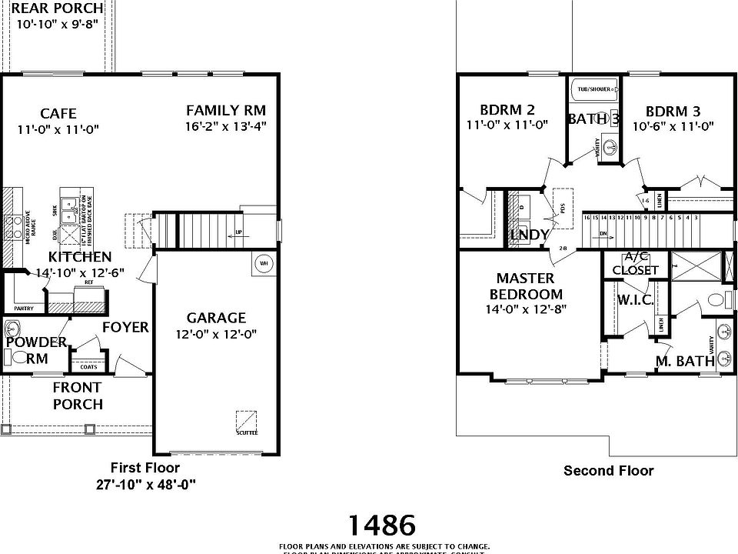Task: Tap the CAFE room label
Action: click(58, 114)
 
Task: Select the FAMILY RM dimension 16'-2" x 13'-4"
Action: click(226, 125)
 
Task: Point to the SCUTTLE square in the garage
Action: click(247, 421)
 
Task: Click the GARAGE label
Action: click(216, 318)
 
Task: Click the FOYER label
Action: click(125, 327)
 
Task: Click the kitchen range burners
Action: click(13, 226)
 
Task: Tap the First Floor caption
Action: click(145, 467)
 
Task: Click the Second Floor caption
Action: click(608, 470)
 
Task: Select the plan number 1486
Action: click(382, 525)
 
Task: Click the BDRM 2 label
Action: click(507, 109)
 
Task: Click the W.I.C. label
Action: click(636, 300)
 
